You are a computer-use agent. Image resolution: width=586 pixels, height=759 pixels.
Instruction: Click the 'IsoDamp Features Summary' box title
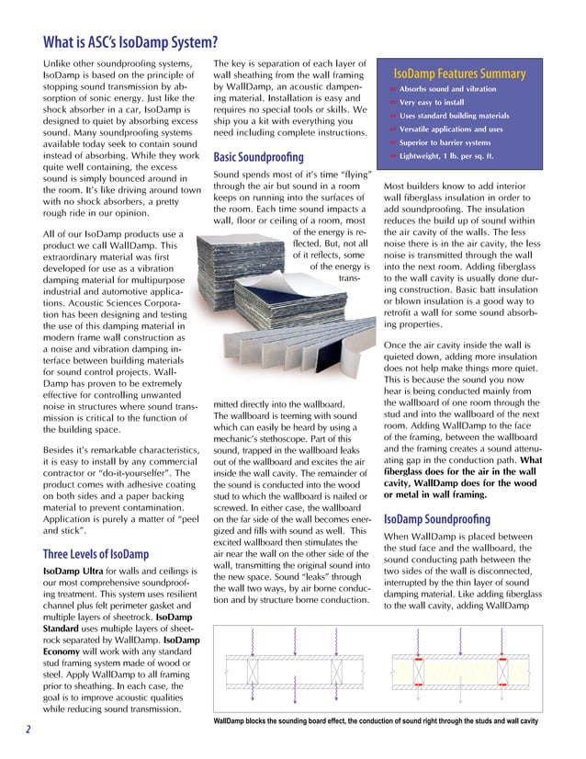pyautogui.click(x=459, y=74)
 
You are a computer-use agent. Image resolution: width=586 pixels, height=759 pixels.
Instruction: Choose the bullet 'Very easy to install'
pyautogui.click(x=440, y=102)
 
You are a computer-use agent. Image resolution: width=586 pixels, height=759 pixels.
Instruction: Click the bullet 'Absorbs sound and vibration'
pyautogui.click(x=447, y=88)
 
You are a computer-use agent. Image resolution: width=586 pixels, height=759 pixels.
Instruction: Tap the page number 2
pyautogui.click(x=28, y=730)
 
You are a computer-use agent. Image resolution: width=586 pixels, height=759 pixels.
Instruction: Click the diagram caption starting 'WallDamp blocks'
pyautogui.click(x=375, y=722)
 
